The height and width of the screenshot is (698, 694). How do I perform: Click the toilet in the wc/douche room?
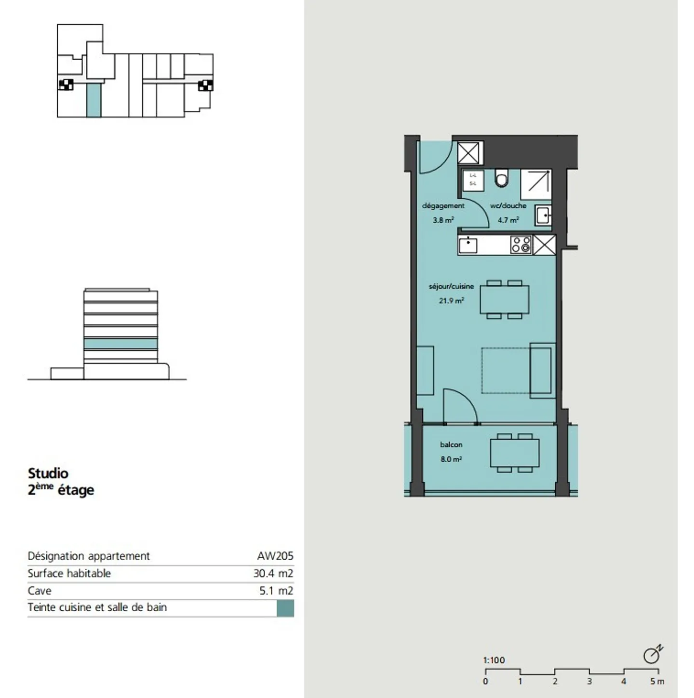pyautogui.click(x=502, y=178)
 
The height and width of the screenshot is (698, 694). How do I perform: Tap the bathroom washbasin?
pyautogui.click(x=543, y=215)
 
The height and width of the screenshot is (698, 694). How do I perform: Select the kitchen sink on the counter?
pyautogui.click(x=467, y=245)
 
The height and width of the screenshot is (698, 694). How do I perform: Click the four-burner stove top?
pyautogui.click(x=521, y=244)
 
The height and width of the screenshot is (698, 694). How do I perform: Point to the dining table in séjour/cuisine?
pyautogui.click(x=504, y=300)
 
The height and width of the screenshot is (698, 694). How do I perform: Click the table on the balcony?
pyautogui.click(x=515, y=453)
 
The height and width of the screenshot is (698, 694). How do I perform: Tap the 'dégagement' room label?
pyautogui.click(x=443, y=206)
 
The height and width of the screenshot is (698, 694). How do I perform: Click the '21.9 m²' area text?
pyautogui.click(x=451, y=301)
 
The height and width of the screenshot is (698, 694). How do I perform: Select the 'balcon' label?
pyautogui.click(x=451, y=444)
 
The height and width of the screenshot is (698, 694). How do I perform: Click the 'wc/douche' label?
pyautogui.click(x=508, y=206)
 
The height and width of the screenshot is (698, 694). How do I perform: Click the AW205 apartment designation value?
pyautogui.click(x=275, y=556)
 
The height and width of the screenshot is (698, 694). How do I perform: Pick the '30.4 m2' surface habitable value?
pyautogui.click(x=273, y=573)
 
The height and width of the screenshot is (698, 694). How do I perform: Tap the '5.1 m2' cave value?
pyautogui.click(x=276, y=591)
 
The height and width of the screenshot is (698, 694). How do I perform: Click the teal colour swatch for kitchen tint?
pyautogui.click(x=285, y=608)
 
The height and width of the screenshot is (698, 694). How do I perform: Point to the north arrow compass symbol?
pyautogui.click(x=653, y=655)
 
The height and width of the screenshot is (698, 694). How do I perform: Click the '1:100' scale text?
pyautogui.click(x=494, y=660)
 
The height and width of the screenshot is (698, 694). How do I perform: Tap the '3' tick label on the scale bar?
pyautogui.click(x=589, y=682)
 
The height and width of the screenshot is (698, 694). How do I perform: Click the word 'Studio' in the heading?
pyautogui.click(x=48, y=473)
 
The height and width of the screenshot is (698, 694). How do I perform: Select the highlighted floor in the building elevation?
pyautogui.click(x=120, y=344)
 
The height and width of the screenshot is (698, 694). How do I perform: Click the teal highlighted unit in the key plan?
pyautogui.click(x=93, y=100)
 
